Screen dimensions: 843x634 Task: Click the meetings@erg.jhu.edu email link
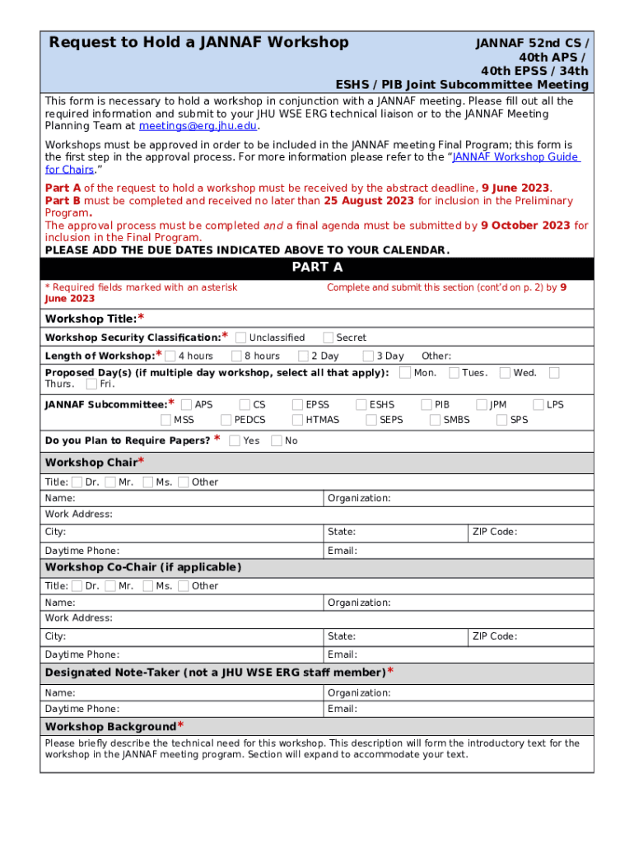[x=198, y=126]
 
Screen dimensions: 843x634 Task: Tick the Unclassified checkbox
[x=240, y=337]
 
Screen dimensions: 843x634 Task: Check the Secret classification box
[x=328, y=337]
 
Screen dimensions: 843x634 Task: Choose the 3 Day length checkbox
[x=367, y=356]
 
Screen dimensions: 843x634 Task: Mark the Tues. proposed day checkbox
[x=454, y=372]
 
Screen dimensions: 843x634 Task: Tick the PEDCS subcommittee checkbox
[x=226, y=420]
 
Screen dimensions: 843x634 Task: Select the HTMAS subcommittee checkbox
[x=297, y=420]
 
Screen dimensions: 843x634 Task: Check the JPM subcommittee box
[x=481, y=404]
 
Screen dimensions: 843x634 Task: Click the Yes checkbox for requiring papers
[x=235, y=440]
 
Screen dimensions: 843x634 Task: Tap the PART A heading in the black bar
[x=317, y=268]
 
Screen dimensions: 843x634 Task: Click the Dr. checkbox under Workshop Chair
[x=77, y=482]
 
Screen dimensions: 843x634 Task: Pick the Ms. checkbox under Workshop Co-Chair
[x=147, y=585]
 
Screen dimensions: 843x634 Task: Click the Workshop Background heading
[x=110, y=726]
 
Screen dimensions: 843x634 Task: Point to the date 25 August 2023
[x=369, y=201]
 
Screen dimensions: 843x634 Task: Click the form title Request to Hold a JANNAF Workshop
[x=198, y=42]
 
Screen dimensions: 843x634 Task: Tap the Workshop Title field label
[x=91, y=319]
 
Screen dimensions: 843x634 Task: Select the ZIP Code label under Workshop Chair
[x=494, y=532]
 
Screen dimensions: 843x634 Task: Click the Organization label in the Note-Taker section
[x=359, y=693]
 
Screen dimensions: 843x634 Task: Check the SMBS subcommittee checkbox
[x=435, y=420]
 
